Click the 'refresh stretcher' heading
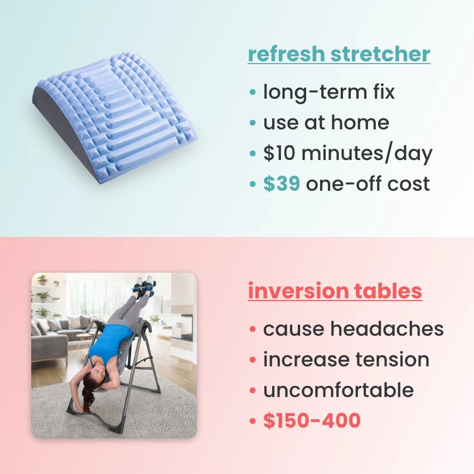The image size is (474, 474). [x=339, y=55]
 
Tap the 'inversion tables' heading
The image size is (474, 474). [x=335, y=292]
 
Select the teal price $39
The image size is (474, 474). [x=282, y=184]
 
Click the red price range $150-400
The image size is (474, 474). [x=312, y=421]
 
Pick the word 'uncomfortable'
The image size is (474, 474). [x=338, y=390]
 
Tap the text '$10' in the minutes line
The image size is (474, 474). [x=280, y=153]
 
